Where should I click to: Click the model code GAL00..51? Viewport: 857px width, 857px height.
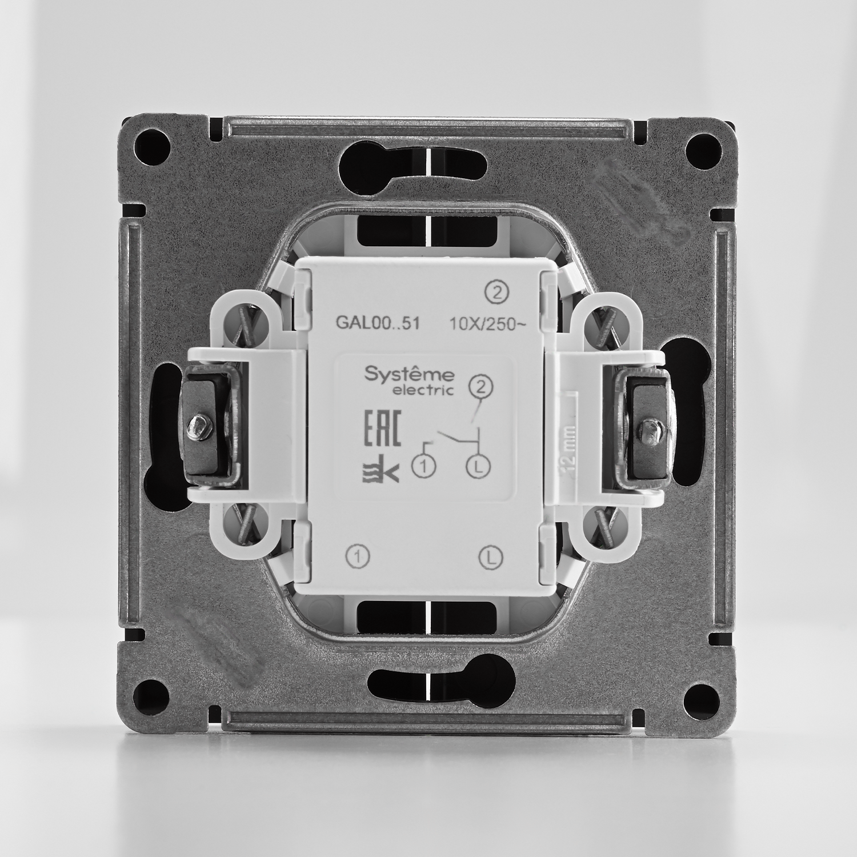tap(378, 323)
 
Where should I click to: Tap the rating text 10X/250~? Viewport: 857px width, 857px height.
tap(484, 324)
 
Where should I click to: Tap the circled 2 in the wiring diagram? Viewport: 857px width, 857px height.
tap(480, 388)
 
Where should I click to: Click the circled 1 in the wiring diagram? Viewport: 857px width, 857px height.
tap(424, 467)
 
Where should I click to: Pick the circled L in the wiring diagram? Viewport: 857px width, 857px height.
tap(479, 467)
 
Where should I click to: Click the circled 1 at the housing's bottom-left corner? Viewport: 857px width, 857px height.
tap(358, 555)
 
